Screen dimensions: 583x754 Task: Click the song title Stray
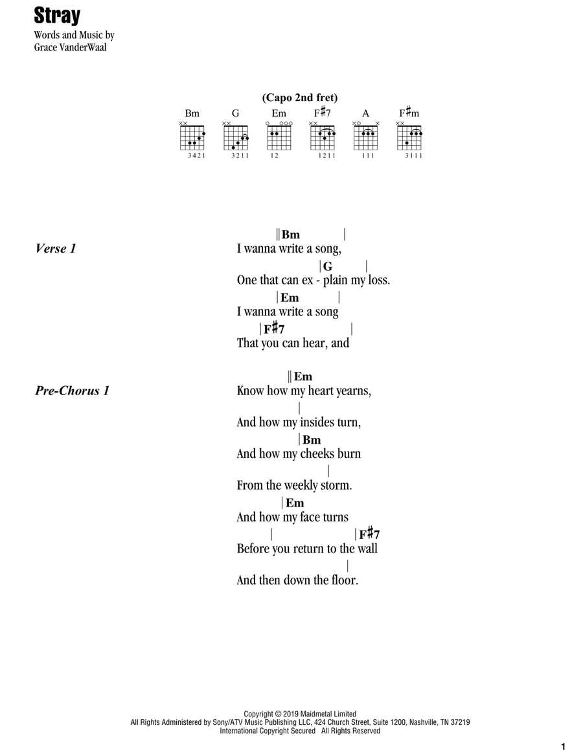coord(57,16)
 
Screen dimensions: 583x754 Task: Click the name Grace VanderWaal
coord(70,47)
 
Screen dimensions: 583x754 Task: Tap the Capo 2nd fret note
coord(300,98)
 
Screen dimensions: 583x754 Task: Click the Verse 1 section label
coord(56,249)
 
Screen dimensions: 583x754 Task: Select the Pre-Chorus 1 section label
coord(72,391)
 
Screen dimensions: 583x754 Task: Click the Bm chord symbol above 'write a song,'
coord(291,234)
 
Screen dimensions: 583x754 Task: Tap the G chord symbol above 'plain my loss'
coord(328,266)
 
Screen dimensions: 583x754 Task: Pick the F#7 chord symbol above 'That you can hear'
coord(274,329)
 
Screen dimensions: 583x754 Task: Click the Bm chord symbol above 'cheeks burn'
coord(312,440)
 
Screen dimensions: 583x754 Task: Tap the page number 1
coord(564,747)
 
